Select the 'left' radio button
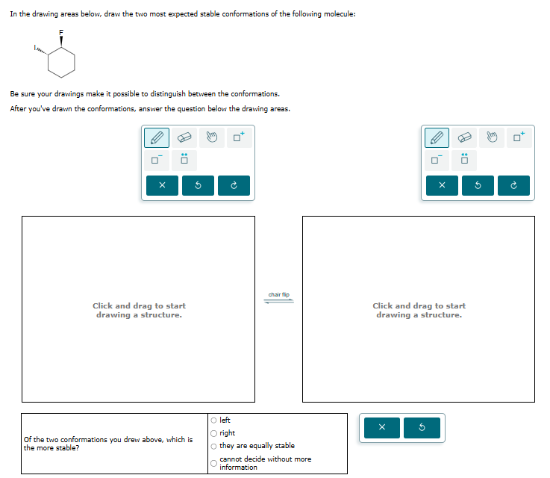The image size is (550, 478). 214,420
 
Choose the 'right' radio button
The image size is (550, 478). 214,433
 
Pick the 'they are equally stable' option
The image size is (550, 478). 214,446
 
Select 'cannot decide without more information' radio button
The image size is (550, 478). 214,463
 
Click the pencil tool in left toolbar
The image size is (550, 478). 157,137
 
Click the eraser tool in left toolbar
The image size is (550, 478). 184,137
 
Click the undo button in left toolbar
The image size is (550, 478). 198,186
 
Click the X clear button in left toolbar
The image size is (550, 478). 162,186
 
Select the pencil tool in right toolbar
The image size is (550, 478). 437,137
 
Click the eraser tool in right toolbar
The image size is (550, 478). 464,137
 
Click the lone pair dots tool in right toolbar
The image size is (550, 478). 464,159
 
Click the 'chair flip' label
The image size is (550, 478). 278,295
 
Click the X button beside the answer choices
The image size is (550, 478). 381,428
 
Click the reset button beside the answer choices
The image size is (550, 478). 422,428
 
